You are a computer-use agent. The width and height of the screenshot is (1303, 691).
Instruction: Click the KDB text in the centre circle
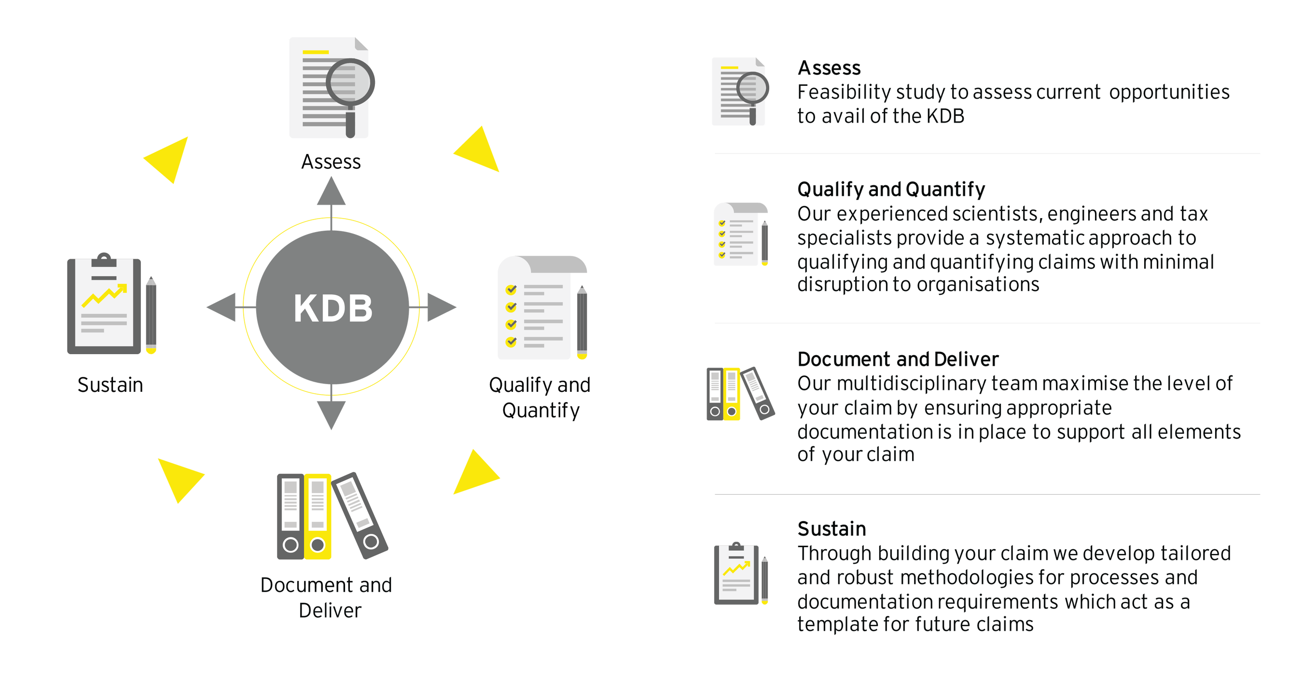tap(333, 307)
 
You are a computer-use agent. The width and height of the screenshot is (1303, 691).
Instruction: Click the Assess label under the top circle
tap(331, 162)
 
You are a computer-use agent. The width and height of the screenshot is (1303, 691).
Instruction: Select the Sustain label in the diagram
tap(110, 385)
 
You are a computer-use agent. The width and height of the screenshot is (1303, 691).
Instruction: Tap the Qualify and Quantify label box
tap(541, 398)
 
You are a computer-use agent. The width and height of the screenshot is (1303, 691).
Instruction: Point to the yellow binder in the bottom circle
tap(318, 516)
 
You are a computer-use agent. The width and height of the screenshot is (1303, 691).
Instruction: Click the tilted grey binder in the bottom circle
tap(359, 516)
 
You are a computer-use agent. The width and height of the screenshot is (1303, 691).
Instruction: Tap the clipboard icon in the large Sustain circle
tap(104, 306)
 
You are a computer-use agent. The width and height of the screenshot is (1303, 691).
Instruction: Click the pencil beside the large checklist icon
tap(582, 322)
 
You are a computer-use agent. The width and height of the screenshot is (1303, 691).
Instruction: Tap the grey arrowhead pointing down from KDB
tap(332, 413)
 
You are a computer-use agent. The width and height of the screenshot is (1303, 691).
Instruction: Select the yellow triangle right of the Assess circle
tap(478, 151)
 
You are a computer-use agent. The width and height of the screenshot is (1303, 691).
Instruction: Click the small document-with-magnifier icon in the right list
tap(739, 92)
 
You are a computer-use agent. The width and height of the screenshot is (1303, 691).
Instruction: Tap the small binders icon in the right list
tap(740, 394)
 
